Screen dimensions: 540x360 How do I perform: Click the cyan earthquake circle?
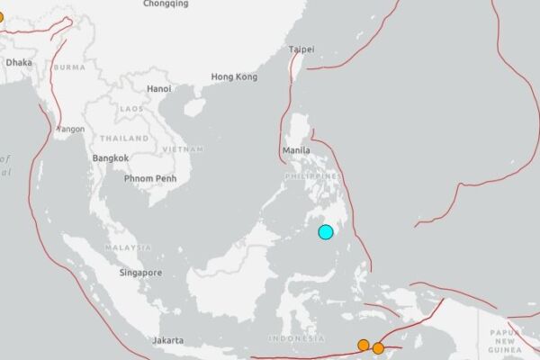pyautogui.click(x=326, y=232)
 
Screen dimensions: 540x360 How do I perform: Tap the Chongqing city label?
pyautogui.click(x=166, y=4)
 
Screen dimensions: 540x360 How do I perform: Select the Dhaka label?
pyautogui.click(x=19, y=62)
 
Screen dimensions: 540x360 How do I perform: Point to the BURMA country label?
pyautogui.click(x=69, y=67)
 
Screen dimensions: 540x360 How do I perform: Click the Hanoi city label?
pyautogui.click(x=158, y=88)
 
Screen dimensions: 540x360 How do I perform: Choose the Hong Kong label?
pyautogui.click(x=234, y=77)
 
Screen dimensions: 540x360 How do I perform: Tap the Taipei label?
pyautogui.click(x=301, y=50)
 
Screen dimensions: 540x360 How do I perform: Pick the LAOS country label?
pyautogui.click(x=131, y=109)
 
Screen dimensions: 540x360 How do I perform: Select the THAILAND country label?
pyautogui.click(x=124, y=139)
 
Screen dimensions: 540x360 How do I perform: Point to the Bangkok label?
pyautogui.click(x=110, y=158)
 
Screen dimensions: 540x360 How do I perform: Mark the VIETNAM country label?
pyautogui.click(x=184, y=148)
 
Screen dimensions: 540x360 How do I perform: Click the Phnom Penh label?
pyautogui.click(x=151, y=176)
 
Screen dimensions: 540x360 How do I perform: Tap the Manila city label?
pyautogui.click(x=296, y=150)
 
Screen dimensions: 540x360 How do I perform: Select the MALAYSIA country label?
pyautogui.click(x=127, y=247)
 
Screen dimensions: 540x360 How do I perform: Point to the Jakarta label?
pyautogui.click(x=167, y=340)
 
